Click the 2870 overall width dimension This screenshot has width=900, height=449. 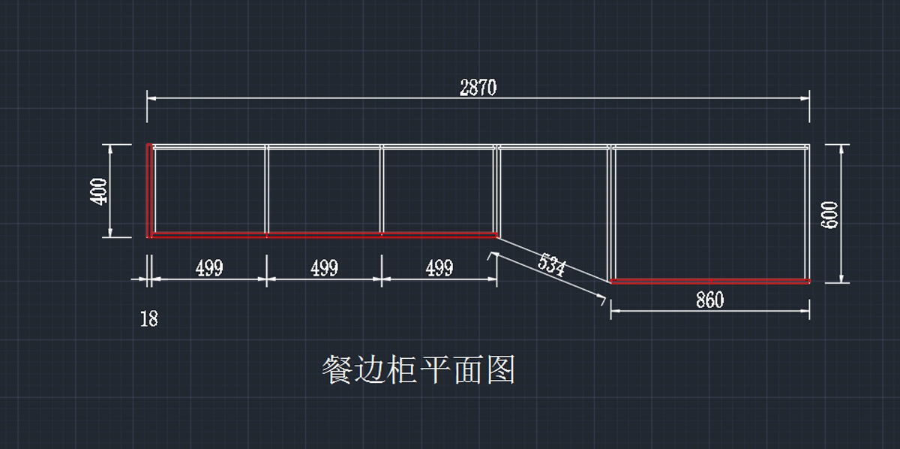click(x=478, y=88)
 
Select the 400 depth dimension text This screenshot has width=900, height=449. click(x=98, y=191)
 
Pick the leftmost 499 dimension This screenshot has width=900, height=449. click(x=209, y=268)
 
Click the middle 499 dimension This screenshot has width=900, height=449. click(x=324, y=268)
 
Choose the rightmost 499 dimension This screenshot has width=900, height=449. click(x=439, y=268)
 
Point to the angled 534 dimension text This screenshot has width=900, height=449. click(x=552, y=265)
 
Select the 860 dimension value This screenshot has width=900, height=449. click(x=709, y=300)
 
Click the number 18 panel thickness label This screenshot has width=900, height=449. click(x=149, y=318)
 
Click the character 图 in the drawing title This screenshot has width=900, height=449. click(x=501, y=370)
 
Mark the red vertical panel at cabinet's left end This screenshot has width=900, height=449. click(x=149, y=191)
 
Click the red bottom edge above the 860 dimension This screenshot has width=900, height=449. click(x=710, y=282)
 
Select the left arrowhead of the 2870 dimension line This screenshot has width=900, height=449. click(x=151, y=97)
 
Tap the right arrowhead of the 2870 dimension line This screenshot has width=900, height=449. click(x=805, y=97)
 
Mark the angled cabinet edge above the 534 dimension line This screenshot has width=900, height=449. click(x=553, y=258)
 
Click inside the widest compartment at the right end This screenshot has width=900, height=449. click(x=710, y=213)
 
